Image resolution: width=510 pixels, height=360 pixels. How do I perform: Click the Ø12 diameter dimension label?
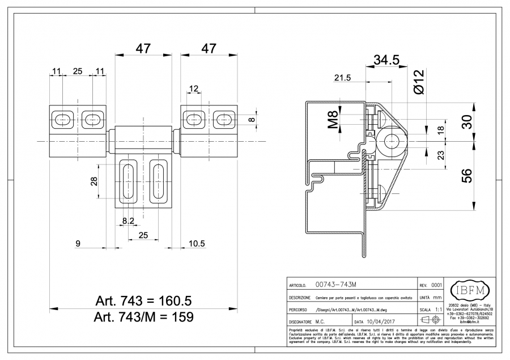419,81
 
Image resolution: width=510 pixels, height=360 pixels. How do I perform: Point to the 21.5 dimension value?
343,78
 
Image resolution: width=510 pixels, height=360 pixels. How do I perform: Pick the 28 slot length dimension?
94,181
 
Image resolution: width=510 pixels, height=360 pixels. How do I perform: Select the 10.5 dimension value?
196,243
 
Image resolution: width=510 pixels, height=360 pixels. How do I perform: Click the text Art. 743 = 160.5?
144,300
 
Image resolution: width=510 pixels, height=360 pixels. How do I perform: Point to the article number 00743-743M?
339,285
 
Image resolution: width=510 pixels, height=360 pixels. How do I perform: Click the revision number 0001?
436,285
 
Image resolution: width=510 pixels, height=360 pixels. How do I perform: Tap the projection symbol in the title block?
431,321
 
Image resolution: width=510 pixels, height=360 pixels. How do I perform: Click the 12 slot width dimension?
194,88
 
